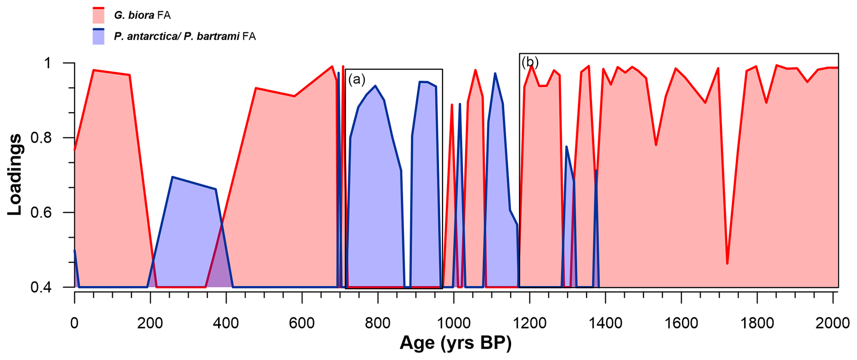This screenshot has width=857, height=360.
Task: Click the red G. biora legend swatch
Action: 98,16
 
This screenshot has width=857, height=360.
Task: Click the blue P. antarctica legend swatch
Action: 98,37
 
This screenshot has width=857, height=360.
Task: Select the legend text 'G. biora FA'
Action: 142,16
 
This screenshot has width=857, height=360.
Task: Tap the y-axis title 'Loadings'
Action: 15,174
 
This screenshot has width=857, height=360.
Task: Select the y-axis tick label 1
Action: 47,63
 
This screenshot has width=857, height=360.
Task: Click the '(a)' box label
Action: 357,79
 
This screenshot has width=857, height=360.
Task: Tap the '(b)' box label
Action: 530,63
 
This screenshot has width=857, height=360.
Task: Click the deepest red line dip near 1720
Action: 727,263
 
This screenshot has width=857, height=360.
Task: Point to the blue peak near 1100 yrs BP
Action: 495,73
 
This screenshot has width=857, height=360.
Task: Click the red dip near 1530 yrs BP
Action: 656,145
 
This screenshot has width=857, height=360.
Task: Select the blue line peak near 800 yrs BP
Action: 375,86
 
